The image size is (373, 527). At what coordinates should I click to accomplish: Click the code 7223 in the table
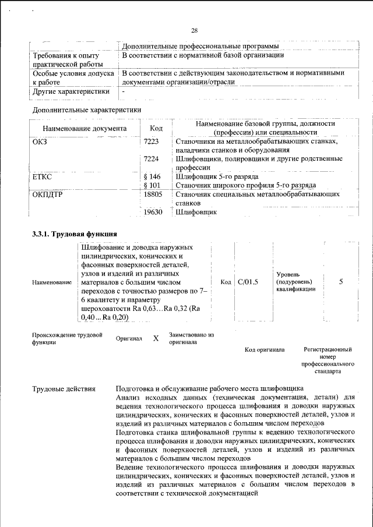[151, 142]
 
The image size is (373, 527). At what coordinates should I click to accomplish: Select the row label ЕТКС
[43, 176]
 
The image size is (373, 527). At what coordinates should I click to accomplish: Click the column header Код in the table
[156, 128]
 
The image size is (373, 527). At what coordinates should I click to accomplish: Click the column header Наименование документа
[85, 128]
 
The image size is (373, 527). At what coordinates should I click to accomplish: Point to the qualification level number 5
[341, 282]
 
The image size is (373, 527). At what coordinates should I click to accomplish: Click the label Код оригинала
[264, 349]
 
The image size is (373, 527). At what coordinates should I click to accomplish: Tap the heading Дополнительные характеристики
[87, 109]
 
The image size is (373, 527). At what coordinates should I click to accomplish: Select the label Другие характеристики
[71, 91]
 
